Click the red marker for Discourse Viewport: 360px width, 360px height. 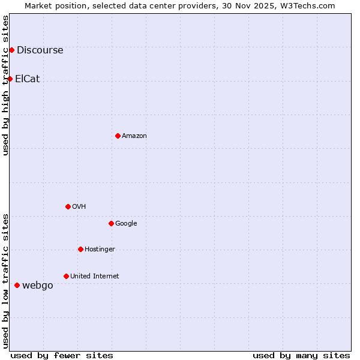coord(11,50)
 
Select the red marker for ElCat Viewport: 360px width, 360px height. coord(10,79)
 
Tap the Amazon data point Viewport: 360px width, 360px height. coord(118,136)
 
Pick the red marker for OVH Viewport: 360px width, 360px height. coord(68,206)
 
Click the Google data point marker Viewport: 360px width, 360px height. coord(111,223)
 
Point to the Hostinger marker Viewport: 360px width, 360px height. coord(80,249)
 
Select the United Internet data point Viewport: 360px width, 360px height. coord(66,276)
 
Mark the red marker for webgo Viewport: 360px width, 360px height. coord(17,285)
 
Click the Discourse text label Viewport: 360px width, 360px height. coord(40,50)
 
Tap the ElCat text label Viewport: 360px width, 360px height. coord(27,79)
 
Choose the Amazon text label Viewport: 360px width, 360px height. coord(134,136)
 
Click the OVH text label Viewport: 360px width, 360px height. coord(79,206)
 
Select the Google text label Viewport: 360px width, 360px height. coord(126,223)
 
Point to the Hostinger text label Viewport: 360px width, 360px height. coord(100,249)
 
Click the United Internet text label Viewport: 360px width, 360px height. coord(94,276)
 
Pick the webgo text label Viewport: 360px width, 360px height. coord(37,285)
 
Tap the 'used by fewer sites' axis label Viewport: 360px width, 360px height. coord(62,355)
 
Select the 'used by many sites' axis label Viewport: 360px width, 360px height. coord(301,355)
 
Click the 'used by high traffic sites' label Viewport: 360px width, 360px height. coord(5,85)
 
